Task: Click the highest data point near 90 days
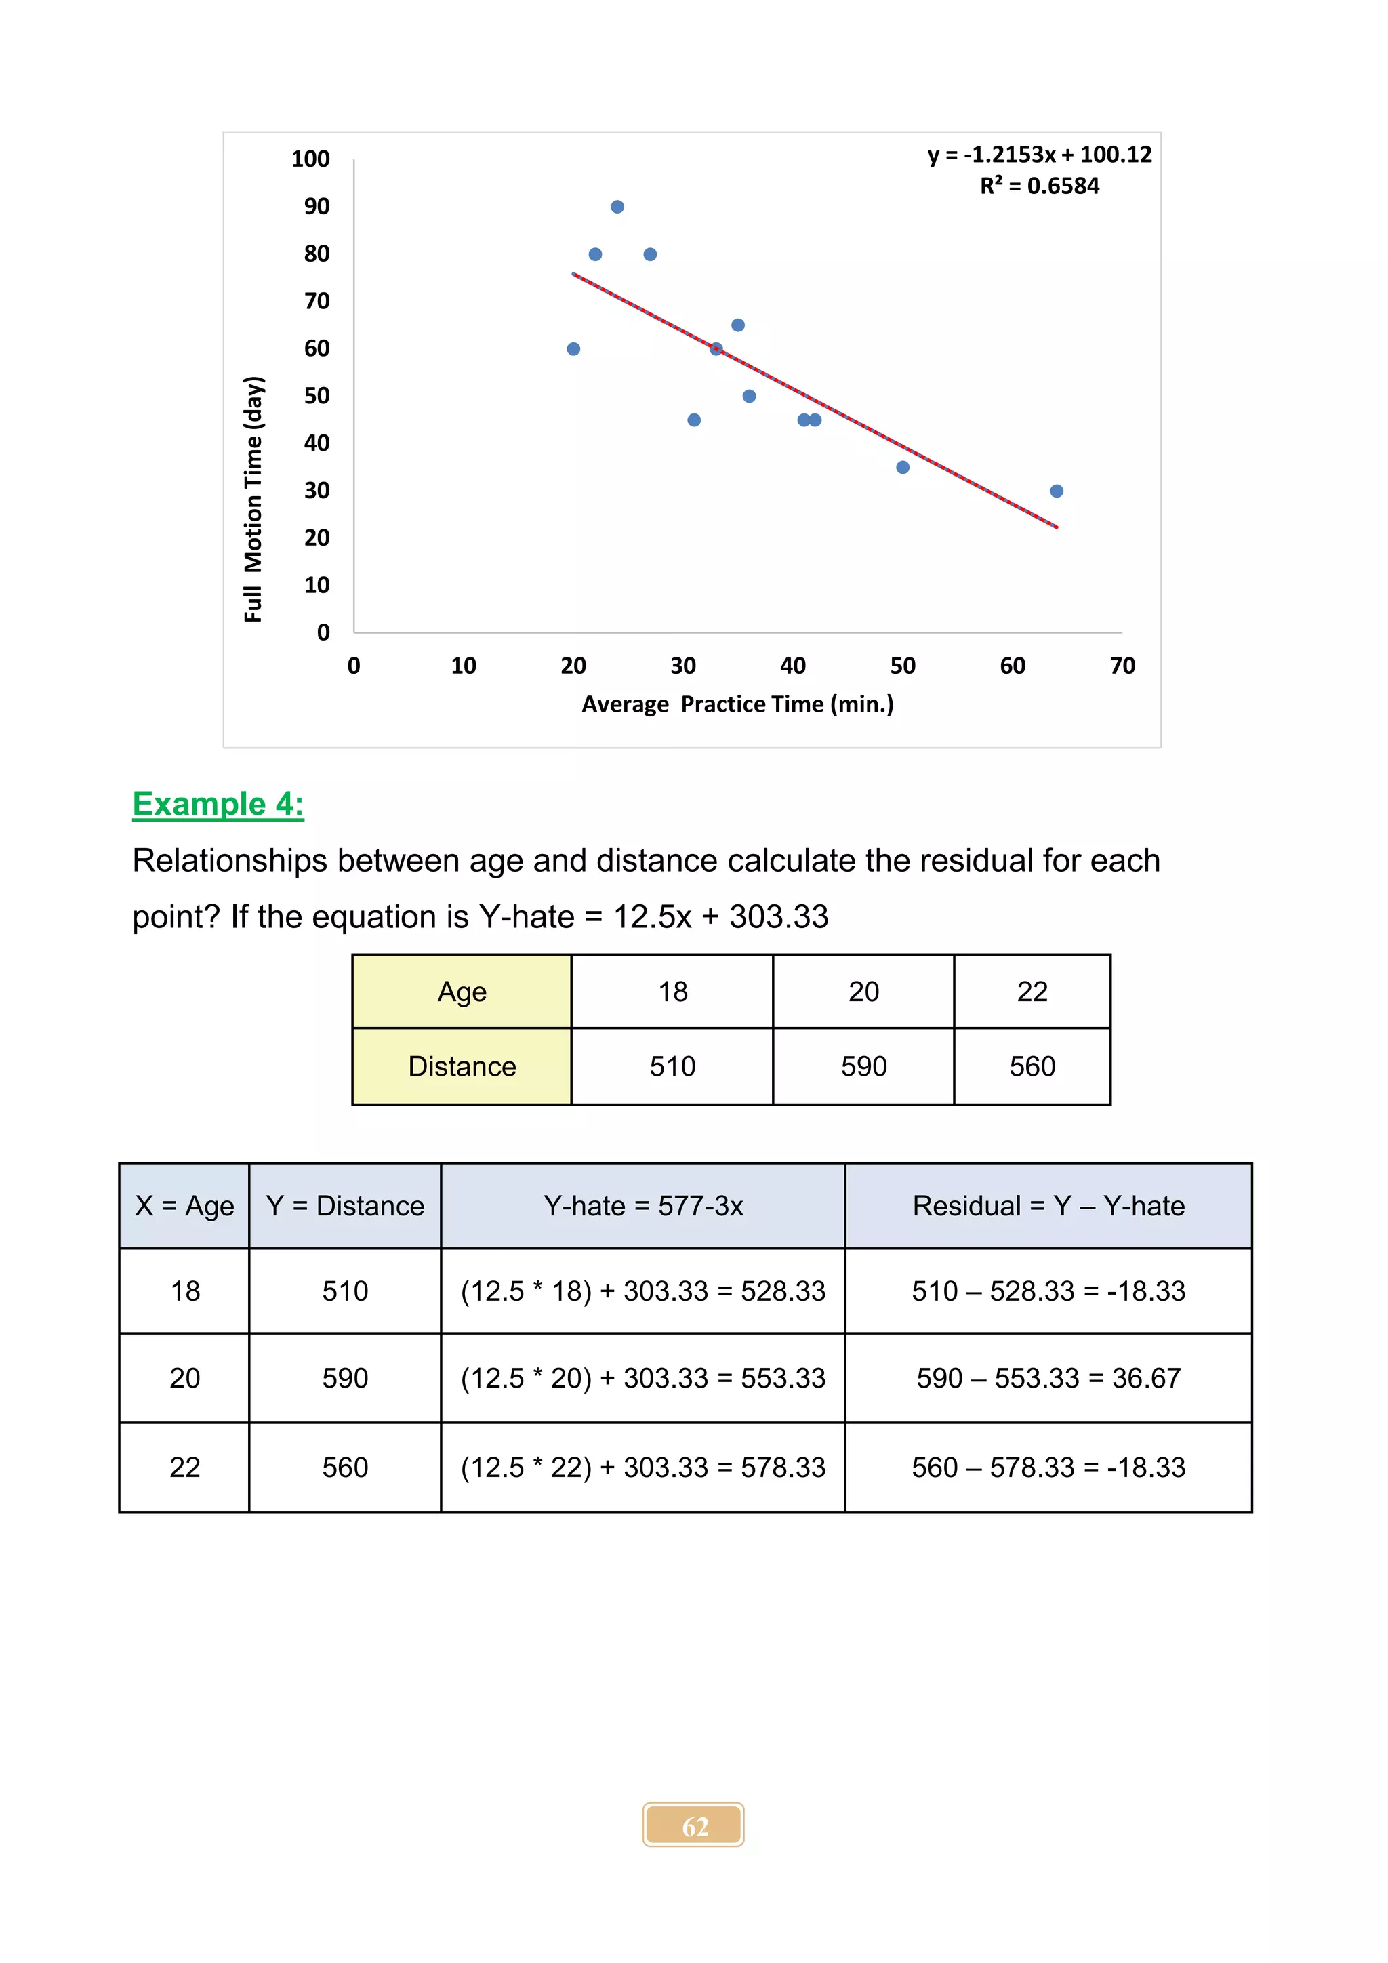point(617,207)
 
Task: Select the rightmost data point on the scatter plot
point(1057,491)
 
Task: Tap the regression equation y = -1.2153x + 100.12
point(1039,155)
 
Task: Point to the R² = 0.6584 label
point(1039,186)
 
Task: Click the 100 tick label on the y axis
point(310,159)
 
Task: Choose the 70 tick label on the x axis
point(1122,666)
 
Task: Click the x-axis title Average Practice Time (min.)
point(737,704)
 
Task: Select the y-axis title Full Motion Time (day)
point(253,500)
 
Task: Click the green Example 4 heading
point(218,804)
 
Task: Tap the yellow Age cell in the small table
point(462,992)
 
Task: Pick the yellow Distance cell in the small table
point(462,1066)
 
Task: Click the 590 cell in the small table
point(863,1066)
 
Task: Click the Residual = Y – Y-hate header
point(1048,1205)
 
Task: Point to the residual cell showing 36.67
point(1048,1378)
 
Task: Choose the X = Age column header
point(184,1205)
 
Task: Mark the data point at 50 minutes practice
point(903,467)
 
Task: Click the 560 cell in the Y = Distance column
point(345,1467)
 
